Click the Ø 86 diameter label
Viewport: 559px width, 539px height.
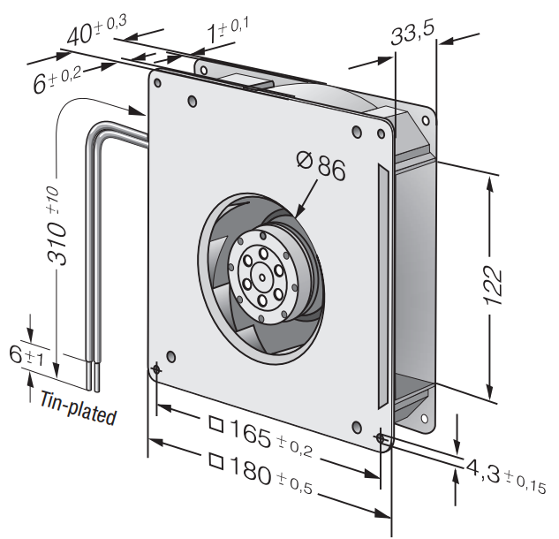click(x=320, y=165)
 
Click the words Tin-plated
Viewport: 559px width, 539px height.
click(x=78, y=406)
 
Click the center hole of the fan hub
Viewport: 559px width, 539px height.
click(x=264, y=280)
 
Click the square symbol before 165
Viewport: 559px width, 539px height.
click(x=215, y=422)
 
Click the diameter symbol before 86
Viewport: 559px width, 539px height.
click(x=303, y=162)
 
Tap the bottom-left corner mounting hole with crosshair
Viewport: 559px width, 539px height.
click(x=157, y=368)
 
